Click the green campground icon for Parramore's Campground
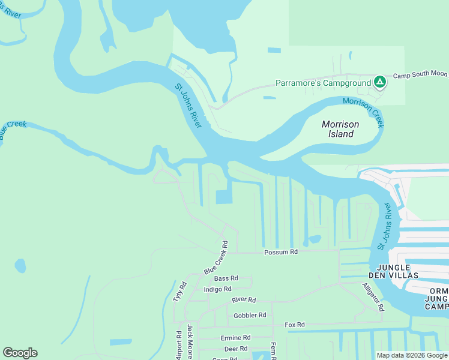point(379,82)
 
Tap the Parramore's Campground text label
point(323,83)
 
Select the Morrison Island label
point(340,129)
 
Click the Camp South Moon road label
point(420,74)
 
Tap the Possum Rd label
point(281,253)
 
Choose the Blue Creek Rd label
point(217,258)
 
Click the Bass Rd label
point(226,278)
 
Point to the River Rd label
point(244,300)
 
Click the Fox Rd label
point(295,325)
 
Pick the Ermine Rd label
point(235,338)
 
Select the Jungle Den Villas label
point(402,271)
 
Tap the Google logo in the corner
point(20,353)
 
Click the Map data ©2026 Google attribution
point(412,355)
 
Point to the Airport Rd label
point(179,345)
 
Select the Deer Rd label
point(235,349)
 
